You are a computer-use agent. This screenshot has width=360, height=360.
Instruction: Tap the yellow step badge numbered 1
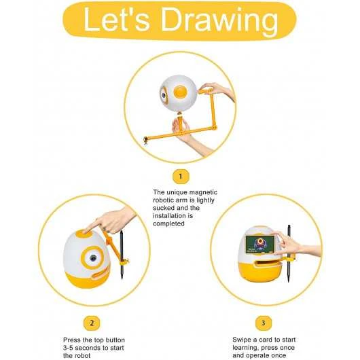pyautogui.click(x=179, y=177)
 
